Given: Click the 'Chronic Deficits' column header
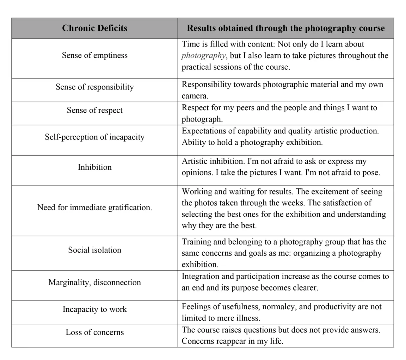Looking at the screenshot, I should [94, 28].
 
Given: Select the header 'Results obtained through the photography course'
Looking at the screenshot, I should [285, 28].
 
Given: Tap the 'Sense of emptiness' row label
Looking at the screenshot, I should [94, 55].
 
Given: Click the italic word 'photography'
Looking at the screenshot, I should [203, 56].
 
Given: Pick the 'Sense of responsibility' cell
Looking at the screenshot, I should [94, 87].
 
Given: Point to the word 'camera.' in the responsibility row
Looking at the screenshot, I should [195, 96].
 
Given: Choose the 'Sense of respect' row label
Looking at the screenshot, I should [94, 110].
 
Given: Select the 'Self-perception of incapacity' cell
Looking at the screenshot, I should [94, 137].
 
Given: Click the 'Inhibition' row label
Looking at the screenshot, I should [94, 167].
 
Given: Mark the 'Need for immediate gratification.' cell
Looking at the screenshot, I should [94, 207].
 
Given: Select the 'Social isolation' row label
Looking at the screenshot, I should [94, 250].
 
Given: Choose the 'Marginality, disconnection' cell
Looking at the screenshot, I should [94, 283].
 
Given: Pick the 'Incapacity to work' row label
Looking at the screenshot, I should [94, 309].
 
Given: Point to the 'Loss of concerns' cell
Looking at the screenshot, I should [94, 333].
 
